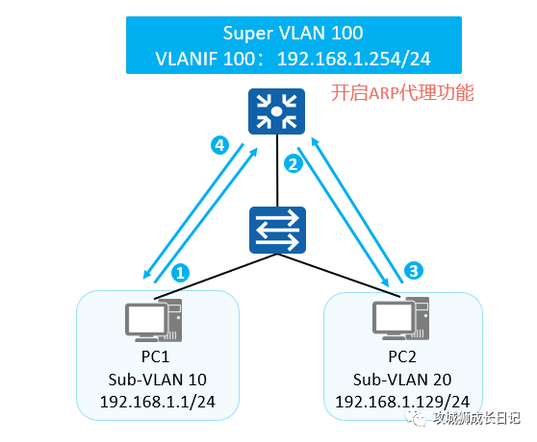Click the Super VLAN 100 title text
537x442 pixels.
tap(293, 33)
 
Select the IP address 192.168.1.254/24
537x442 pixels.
tap(354, 59)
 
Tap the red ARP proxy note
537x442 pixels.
tap(402, 92)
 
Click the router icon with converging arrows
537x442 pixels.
tap(276, 111)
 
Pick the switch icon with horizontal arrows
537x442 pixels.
tap(277, 230)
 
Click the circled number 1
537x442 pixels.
tap(181, 273)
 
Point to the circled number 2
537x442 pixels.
tap(294, 163)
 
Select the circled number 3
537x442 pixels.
tap(414, 271)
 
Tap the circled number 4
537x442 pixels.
tap(219, 146)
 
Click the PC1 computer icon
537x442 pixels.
tap(153, 321)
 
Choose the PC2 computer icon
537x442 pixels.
tap(400, 319)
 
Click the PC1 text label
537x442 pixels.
tap(156, 356)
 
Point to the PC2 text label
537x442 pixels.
tap(402, 356)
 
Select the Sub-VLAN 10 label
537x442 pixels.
tap(158, 380)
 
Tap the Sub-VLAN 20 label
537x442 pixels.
tap(402, 380)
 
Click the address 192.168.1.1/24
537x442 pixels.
tap(158, 402)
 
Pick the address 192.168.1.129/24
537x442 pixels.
tap(402, 402)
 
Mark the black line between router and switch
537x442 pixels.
tap(277, 170)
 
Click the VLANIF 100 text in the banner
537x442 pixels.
tap(204, 59)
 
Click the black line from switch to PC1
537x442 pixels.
tap(216, 276)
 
